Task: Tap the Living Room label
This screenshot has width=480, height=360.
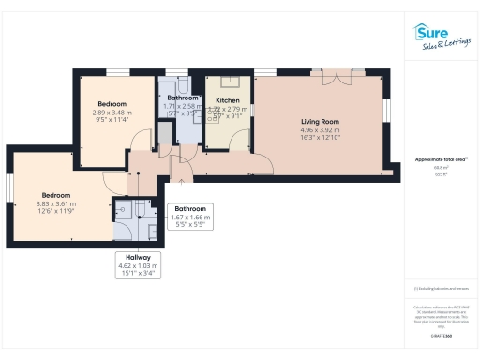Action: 319,121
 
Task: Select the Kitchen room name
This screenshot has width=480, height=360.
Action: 228,98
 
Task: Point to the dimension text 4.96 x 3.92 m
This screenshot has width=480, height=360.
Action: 319,129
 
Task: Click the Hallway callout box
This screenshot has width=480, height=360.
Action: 138,265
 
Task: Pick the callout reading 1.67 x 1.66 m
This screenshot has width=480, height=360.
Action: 189,217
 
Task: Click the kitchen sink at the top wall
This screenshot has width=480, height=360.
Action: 228,82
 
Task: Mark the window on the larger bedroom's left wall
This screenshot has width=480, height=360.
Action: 8,187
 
